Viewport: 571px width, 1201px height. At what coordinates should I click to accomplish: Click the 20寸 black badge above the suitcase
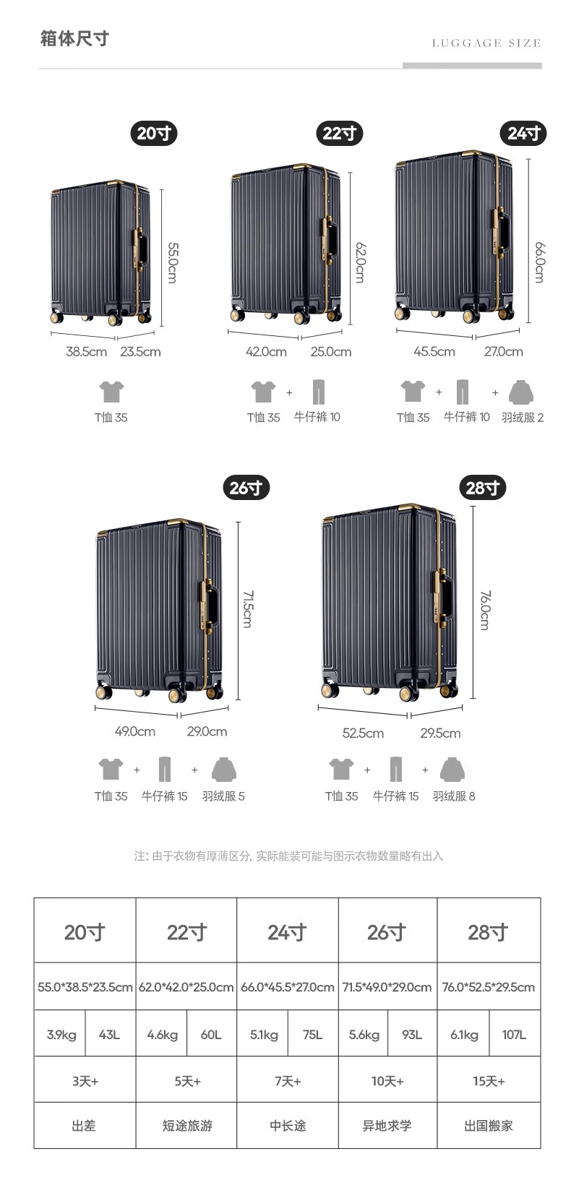click(x=154, y=134)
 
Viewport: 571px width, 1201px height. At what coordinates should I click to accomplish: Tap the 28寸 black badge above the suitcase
click(x=483, y=488)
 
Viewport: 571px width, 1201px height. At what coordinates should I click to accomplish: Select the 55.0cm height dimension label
click(x=172, y=262)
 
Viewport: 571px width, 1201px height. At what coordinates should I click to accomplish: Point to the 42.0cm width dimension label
click(x=266, y=352)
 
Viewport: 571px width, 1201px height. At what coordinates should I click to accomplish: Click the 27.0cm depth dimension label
click(x=503, y=352)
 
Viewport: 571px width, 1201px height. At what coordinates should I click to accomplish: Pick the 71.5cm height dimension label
click(x=246, y=608)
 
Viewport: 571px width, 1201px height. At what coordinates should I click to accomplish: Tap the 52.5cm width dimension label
click(x=363, y=733)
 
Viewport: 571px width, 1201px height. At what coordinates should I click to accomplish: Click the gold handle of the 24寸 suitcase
click(x=499, y=233)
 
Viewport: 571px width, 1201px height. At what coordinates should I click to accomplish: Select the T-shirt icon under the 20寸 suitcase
click(x=111, y=392)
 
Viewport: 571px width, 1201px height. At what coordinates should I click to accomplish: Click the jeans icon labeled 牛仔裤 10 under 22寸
click(x=318, y=392)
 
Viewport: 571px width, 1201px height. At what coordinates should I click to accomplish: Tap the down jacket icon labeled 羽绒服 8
click(x=452, y=770)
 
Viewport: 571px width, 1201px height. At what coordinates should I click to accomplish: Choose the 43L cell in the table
click(x=109, y=1035)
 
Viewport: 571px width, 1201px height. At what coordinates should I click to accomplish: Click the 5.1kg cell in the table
click(x=264, y=1035)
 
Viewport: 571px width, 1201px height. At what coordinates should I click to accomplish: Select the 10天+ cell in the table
click(x=387, y=1081)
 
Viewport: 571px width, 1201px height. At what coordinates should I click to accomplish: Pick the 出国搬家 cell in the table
click(x=489, y=1126)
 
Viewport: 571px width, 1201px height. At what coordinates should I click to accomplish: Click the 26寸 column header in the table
click(x=387, y=932)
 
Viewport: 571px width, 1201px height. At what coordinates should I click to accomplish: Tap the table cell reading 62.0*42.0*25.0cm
click(x=186, y=987)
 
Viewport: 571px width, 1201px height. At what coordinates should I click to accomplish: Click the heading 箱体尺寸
click(x=74, y=38)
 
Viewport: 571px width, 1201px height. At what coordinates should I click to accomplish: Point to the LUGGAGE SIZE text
click(x=486, y=43)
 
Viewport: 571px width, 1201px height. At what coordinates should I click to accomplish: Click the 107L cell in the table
click(x=514, y=1035)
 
